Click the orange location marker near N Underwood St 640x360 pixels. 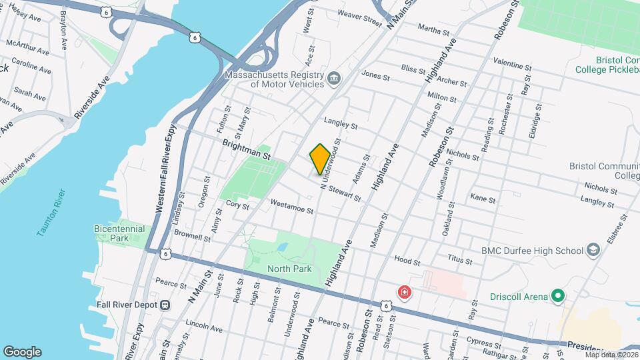click(x=320, y=159)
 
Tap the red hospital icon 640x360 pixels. click(x=404, y=292)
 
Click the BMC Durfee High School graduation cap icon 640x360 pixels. click(x=593, y=251)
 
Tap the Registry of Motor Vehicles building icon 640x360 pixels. click(x=334, y=80)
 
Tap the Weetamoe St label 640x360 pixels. click(x=292, y=209)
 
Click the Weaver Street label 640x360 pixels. click(x=359, y=15)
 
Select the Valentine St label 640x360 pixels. click(x=512, y=63)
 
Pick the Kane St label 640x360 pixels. click(x=483, y=199)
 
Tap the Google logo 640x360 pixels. click(x=22, y=351)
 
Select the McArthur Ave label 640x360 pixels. click(x=27, y=47)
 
